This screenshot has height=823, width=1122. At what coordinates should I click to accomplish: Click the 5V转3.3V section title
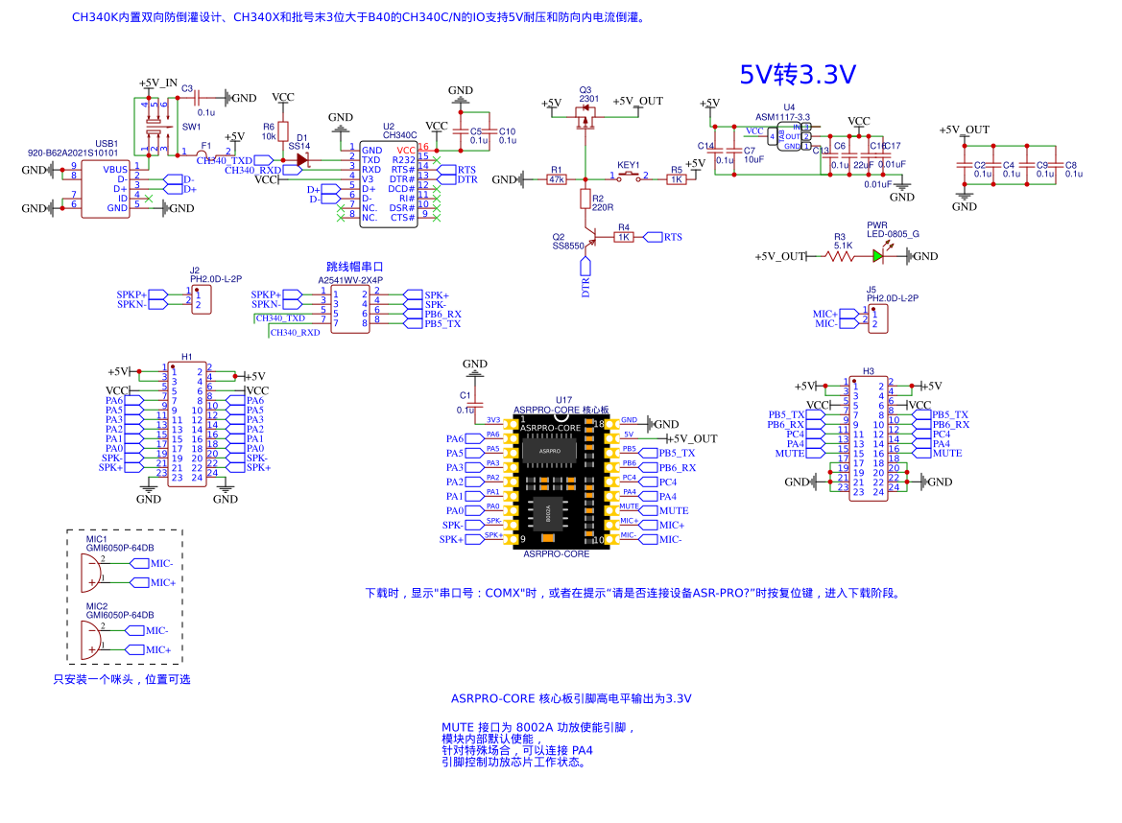click(x=798, y=74)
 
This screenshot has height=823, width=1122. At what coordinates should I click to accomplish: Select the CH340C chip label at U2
click(x=399, y=135)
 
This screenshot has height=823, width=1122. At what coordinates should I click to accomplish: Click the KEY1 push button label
click(x=629, y=165)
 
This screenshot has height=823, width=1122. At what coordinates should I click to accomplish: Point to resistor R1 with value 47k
click(x=556, y=179)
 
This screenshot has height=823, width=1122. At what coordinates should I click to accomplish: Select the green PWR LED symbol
click(x=878, y=256)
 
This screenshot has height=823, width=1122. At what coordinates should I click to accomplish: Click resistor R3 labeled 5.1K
click(x=840, y=256)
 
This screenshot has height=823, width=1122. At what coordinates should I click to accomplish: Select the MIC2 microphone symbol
click(x=91, y=640)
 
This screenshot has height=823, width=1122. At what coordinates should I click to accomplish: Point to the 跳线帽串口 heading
click(x=354, y=267)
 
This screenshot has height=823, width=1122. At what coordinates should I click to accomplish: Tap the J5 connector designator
click(x=871, y=289)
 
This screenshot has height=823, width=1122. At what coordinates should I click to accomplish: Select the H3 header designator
click(x=868, y=370)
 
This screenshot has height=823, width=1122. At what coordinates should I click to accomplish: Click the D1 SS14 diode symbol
click(x=302, y=160)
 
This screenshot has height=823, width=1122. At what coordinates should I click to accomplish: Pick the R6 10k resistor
click(x=283, y=131)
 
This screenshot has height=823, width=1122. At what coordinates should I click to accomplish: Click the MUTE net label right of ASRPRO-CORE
click(x=673, y=511)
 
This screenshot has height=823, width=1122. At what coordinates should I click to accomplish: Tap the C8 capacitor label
click(x=1071, y=165)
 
